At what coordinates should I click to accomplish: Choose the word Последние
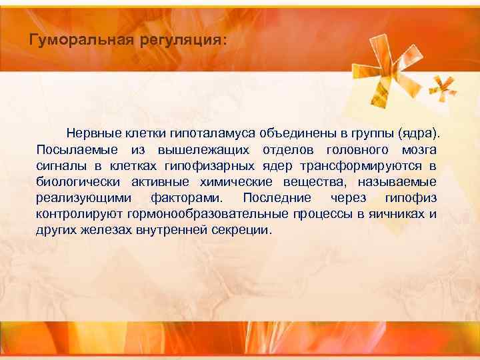[x=277, y=198]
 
